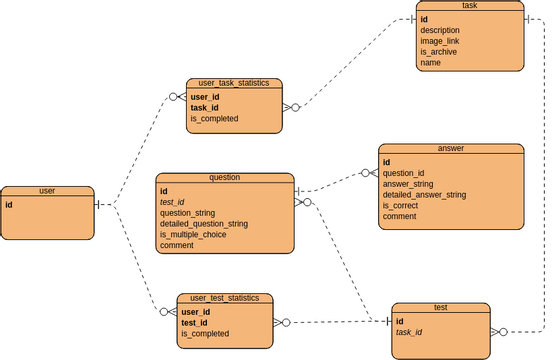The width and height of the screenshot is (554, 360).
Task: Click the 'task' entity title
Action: pos(469,6)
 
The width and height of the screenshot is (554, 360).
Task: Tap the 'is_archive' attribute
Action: pos(438,52)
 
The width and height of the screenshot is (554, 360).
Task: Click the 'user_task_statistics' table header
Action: pos(234,84)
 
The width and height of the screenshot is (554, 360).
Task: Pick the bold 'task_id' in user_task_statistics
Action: pos(204,107)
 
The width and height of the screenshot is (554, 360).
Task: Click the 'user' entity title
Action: pos(47,190)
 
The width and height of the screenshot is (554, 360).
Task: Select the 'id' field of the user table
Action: pos(9,204)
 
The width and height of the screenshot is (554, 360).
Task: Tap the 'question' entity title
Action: pos(225,177)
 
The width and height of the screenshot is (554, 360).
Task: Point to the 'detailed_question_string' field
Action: pos(203,224)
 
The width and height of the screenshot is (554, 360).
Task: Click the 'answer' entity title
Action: pos(451,148)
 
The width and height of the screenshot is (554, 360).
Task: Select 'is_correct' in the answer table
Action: pos(402,205)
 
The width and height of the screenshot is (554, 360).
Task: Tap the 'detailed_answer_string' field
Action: pos(424,194)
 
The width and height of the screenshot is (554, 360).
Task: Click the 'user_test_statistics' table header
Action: pos(225,298)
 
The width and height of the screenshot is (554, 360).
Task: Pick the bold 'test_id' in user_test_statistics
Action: pos(195,322)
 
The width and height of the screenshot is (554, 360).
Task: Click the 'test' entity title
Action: pos(439,308)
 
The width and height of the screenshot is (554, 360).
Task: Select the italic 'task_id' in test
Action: pos(411,332)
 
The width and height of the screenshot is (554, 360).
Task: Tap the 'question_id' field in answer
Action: pos(404,172)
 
